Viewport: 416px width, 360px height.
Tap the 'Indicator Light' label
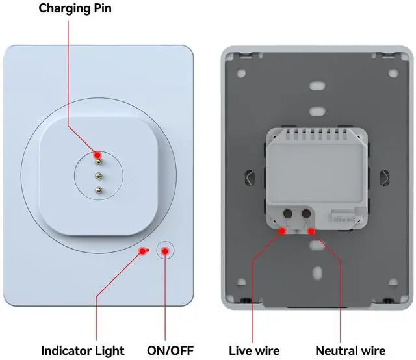pos(83,351)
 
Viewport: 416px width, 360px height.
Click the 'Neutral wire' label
pos(350,351)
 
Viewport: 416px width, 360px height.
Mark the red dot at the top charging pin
pos(98,155)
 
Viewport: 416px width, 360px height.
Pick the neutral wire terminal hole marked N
pos(304,212)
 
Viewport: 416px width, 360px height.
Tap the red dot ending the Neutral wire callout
pos(311,231)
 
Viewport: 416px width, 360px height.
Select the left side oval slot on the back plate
pos(251,176)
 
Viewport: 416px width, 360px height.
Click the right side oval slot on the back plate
pos(383,176)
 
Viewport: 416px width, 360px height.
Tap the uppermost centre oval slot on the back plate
pos(317,85)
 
